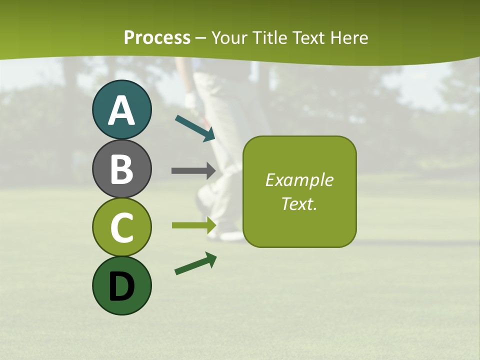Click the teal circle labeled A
click(x=121, y=109)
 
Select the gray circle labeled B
click(x=121, y=168)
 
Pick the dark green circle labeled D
click(x=121, y=285)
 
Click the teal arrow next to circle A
click(x=195, y=128)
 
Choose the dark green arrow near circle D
click(x=195, y=263)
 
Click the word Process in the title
click(x=157, y=37)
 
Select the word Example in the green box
click(x=299, y=180)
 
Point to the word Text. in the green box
click(x=299, y=204)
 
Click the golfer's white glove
click(x=191, y=100)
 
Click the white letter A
click(x=121, y=110)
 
